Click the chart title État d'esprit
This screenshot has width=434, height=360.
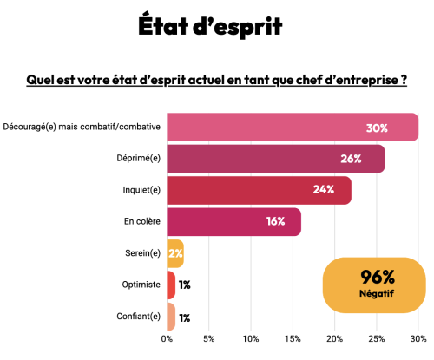click(x=210, y=26)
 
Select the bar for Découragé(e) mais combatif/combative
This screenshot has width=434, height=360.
click(x=292, y=128)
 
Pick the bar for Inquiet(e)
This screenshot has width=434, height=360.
click(x=258, y=190)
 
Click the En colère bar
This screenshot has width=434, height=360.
click(x=233, y=221)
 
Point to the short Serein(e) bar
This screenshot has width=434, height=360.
click(x=174, y=253)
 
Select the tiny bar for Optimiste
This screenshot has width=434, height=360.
click(x=171, y=285)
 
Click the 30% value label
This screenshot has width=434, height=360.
click(x=376, y=128)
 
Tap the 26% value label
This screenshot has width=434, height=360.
click(x=351, y=159)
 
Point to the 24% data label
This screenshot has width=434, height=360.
click(x=324, y=190)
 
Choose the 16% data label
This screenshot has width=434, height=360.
click(x=275, y=221)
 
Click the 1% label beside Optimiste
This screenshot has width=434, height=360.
click(x=185, y=285)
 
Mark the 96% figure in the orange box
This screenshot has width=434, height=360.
click(x=378, y=277)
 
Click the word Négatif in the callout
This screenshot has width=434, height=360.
click(x=378, y=294)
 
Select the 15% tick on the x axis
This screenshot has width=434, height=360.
click(x=293, y=338)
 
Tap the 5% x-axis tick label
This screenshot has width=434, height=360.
click(x=209, y=338)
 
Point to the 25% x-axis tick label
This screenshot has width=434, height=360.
click(x=377, y=338)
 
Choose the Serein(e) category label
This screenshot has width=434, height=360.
click(x=143, y=253)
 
